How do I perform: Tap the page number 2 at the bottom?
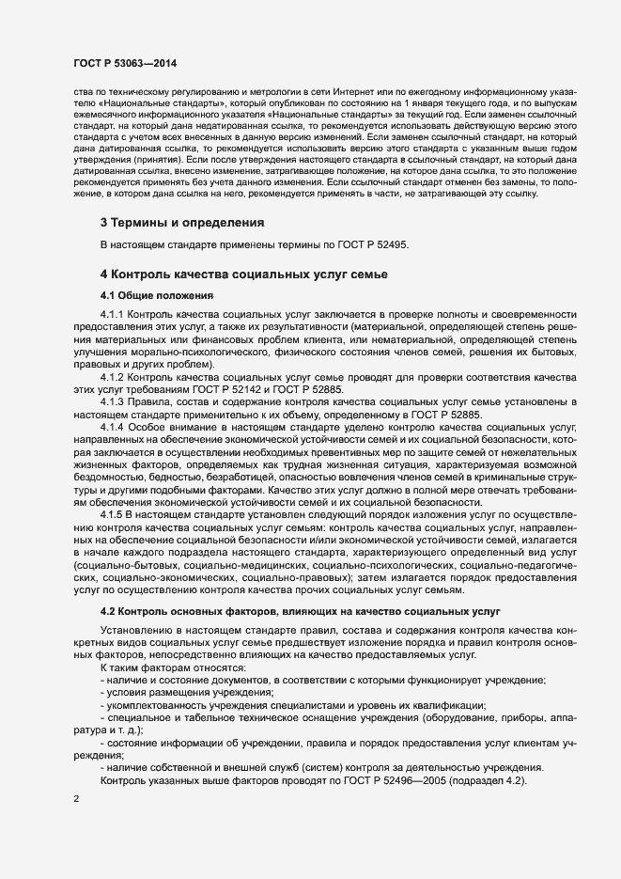point(75,799)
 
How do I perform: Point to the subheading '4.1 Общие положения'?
point(156,295)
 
